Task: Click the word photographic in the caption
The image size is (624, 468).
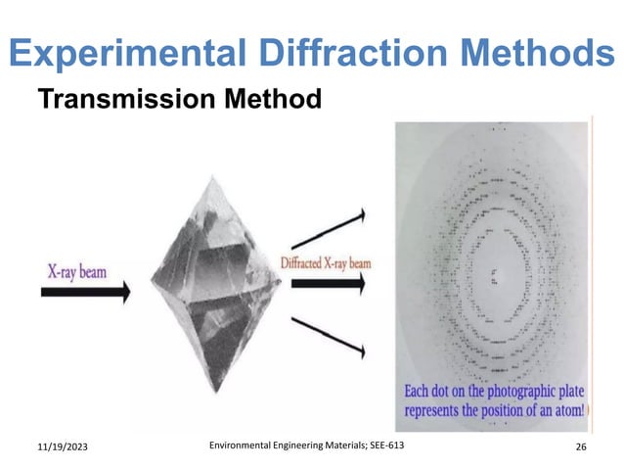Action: pos(520,393)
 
